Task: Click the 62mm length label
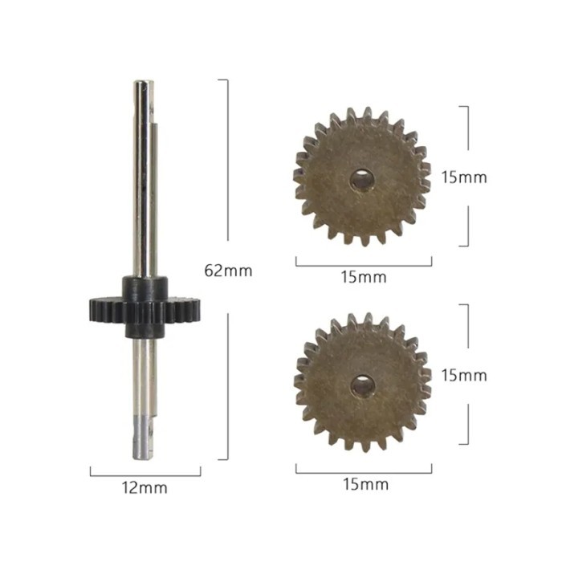(228, 271)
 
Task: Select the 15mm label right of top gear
(464, 177)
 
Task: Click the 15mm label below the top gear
(363, 278)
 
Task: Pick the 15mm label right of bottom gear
(464, 375)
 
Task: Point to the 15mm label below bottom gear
(364, 484)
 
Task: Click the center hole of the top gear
(362, 181)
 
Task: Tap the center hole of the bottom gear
(362, 387)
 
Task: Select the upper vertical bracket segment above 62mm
(227, 161)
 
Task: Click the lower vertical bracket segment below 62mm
(227, 385)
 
